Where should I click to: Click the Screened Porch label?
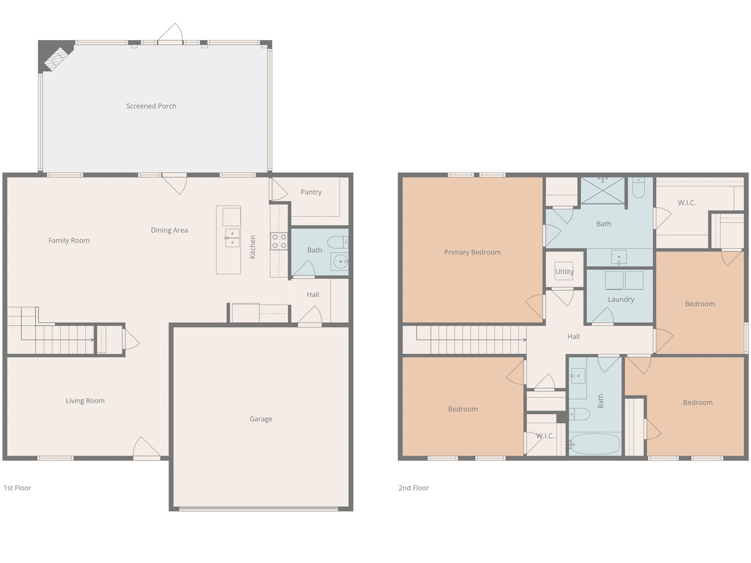point(151,106)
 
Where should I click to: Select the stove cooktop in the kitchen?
point(279,241)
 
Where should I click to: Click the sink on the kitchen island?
point(232,238)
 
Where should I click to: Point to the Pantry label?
point(311,192)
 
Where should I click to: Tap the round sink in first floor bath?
point(340,261)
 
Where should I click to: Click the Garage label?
point(261,419)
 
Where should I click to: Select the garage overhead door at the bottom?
point(258,509)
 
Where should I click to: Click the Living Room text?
point(85,401)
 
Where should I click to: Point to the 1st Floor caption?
point(17,488)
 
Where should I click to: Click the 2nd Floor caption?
point(413,488)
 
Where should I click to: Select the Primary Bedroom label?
point(472,253)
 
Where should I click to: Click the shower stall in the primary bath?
point(602,191)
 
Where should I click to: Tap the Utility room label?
point(564,272)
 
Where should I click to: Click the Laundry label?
point(621,300)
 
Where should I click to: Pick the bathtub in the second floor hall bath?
point(594,444)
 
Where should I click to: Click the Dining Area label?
point(169,230)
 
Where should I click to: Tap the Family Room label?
point(69,241)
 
